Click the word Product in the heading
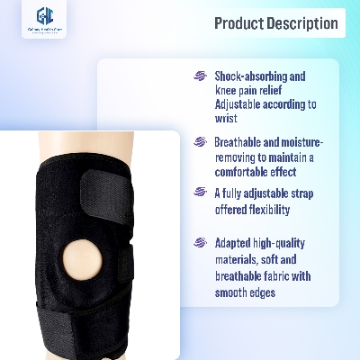tap(242, 23)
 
